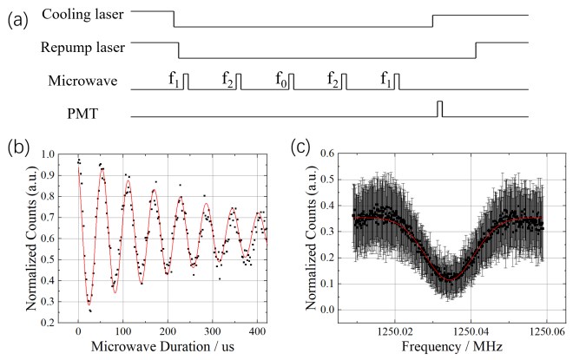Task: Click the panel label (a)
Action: [x=18, y=21]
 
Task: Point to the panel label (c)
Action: [x=300, y=147]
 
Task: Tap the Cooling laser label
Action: [x=82, y=14]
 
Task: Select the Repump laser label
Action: [x=82, y=48]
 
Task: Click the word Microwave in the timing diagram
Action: [x=82, y=81]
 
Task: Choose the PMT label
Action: [x=82, y=114]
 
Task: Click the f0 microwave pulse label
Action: [x=282, y=80]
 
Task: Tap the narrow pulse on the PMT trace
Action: [x=440, y=108]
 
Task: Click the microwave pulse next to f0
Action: [x=291, y=82]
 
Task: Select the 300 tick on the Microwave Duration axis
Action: [x=213, y=331]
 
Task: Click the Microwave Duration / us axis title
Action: [x=162, y=346]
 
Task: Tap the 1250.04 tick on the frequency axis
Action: [x=471, y=333]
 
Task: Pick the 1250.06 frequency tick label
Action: [x=546, y=333]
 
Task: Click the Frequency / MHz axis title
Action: [x=452, y=346]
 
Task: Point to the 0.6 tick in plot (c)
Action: [x=327, y=154]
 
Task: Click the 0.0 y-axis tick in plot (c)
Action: [x=327, y=310]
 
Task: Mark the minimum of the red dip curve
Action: [x=450, y=280]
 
